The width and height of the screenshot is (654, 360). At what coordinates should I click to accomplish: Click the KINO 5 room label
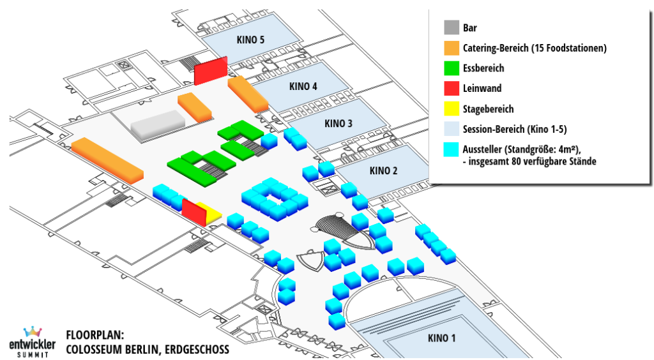click(x=250, y=40)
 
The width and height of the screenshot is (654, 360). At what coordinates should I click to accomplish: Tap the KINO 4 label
click(x=303, y=87)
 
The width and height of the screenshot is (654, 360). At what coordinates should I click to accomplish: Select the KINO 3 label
click(x=338, y=123)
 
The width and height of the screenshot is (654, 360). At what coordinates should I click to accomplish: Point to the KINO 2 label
click(x=383, y=170)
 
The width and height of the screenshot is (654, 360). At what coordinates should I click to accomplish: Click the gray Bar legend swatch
click(x=452, y=28)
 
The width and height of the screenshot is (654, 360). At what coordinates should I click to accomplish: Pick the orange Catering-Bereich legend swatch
click(x=452, y=48)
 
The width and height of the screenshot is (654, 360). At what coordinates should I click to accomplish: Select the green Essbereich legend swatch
click(x=452, y=68)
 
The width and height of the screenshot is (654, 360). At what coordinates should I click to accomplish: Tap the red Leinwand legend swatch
click(x=452, y=89)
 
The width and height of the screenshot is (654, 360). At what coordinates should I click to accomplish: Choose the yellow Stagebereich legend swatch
click(x=452, y=109)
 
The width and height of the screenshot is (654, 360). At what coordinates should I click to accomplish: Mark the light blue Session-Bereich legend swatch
click(x=452, y=129)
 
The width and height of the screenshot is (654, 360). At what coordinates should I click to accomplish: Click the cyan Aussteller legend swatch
click(x=452, y=149)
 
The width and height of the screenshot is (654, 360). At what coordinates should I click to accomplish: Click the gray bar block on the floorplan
click(x=158, y=123)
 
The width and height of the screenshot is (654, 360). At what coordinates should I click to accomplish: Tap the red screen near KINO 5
click(x=210, y=70)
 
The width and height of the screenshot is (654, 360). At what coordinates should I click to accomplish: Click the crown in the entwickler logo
click(x=31, y=332)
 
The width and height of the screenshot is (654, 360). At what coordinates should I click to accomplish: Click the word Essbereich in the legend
click(x=483, y=68)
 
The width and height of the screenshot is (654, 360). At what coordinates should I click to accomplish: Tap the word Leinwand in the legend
click(x=482, y=89)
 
